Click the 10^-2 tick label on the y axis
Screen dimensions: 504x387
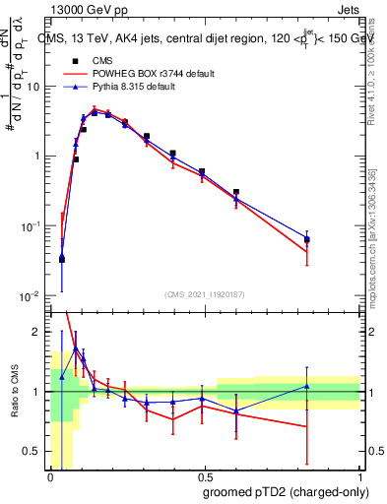point(32,296)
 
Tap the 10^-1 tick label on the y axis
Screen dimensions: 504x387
point(32,226)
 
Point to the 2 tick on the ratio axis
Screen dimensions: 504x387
point(39,332)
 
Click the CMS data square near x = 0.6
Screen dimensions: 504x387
point(235,192)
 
